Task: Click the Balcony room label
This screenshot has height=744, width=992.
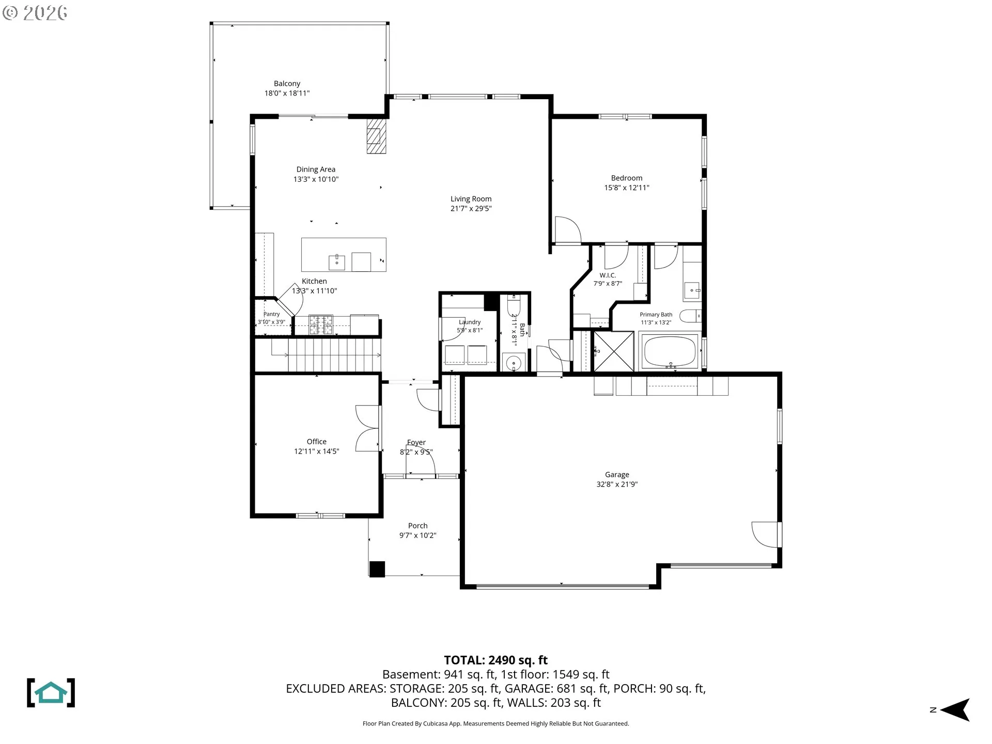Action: tap(287, 84)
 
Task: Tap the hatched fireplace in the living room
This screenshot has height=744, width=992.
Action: tap(376, 136)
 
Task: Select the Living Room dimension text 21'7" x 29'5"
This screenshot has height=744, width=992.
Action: tap(471, 209)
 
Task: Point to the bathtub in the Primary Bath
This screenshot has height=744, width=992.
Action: tap(669, 352)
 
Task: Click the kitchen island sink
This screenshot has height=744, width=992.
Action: tap(337, 262)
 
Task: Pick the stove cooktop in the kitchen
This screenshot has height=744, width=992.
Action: tap(321, 325)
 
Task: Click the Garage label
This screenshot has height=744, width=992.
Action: tap(617, 475)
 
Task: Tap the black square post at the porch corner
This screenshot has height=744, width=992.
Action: tap(377, 569)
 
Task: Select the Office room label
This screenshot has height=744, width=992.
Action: tap(317, 442)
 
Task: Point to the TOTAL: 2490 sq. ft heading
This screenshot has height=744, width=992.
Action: tap(496, 660)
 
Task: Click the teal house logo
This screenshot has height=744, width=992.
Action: tap(51, 693)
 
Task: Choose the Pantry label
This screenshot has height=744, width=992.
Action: tap(272, 314)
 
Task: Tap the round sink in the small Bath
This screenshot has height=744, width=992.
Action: tap(514, 363)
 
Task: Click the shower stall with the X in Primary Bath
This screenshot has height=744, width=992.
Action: tap(614, 351)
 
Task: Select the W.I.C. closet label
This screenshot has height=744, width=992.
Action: tap(608, 275)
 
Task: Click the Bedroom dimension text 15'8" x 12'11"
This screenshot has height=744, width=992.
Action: tap(627, 188)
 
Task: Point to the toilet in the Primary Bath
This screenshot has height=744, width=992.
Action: tap(690, 316)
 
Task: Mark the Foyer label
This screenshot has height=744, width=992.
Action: tap(416, 443)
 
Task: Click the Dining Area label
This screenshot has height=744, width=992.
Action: tap(316, 169)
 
